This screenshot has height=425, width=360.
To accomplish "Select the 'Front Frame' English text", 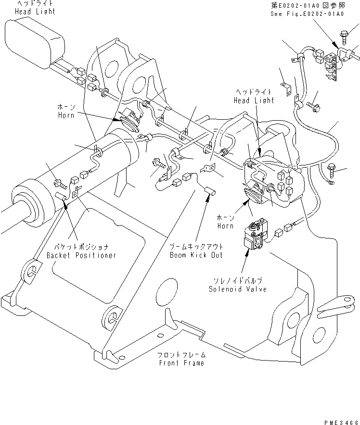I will point(181,362).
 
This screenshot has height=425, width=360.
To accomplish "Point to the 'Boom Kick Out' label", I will point(196,255).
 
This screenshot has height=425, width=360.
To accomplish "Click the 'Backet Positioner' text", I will point(81,255).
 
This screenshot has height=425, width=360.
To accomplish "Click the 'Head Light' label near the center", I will point(254,100).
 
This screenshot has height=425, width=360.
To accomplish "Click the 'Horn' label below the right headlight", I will point(225,226).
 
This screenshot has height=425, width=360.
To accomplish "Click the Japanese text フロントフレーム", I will point(181,354).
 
